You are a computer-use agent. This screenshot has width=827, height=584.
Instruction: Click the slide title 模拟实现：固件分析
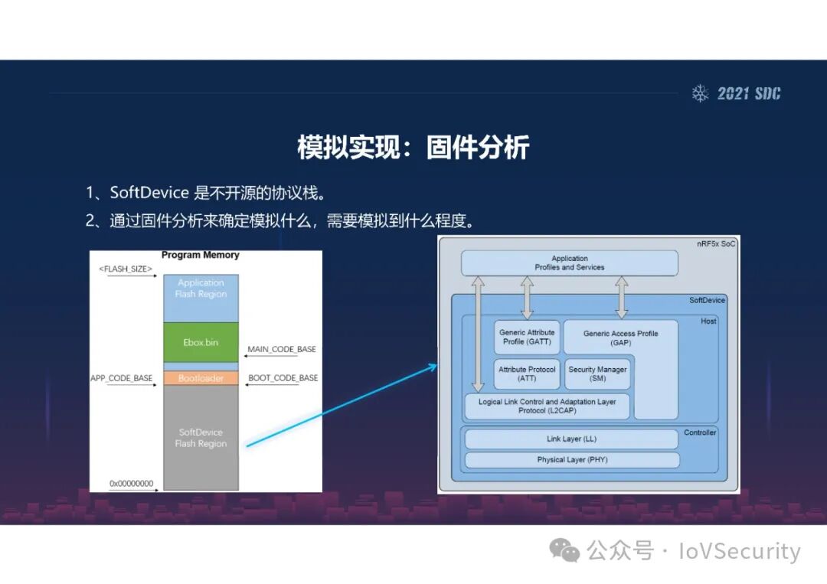[413, 148]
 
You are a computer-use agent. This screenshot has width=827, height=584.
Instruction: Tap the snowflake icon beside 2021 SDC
[700, 93]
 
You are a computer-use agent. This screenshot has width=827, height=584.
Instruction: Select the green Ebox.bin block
[201, 342]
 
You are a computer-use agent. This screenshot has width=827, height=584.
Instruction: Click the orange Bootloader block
[201, 378]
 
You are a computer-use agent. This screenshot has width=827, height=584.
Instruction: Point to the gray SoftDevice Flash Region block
[201, 438]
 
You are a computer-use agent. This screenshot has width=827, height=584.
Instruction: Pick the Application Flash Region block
[201, 289]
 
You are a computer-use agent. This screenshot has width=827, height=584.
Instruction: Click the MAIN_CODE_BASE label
[282, 350]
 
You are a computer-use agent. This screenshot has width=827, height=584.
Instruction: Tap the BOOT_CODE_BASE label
[283, 378]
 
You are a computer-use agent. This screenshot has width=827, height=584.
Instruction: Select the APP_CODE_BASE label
[121, 378]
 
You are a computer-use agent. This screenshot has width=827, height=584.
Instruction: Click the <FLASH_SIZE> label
[126, 269]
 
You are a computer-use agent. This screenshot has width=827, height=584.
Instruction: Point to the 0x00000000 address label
[132, 484]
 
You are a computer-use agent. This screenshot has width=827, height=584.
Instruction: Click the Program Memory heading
[201, 256]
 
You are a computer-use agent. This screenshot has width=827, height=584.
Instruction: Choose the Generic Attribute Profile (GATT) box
[527, 337]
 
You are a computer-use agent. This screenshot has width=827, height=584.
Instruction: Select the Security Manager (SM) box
[597, 374]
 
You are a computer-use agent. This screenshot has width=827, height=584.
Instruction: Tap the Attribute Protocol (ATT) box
[527, 374]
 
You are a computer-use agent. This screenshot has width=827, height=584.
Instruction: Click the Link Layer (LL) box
[571, 439]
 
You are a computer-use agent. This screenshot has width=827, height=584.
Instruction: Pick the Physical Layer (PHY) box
[571, 460]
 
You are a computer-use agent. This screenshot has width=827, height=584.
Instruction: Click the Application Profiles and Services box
[569, 263]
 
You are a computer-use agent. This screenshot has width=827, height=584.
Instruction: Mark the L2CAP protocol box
[547, 406]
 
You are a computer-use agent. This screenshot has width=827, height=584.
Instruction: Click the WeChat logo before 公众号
[567, 550]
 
